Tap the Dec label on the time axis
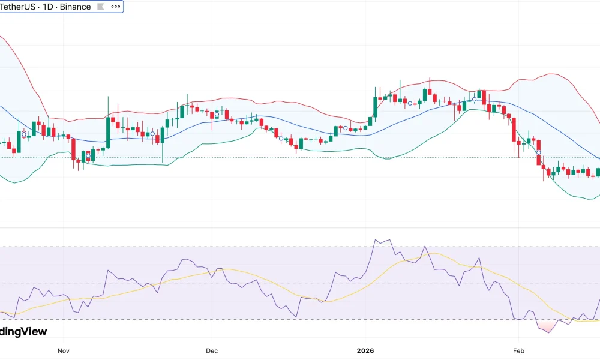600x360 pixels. (x=211, y=350)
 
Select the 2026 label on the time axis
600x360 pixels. (x=365, y=350)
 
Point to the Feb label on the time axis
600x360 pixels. (x=518, y=350)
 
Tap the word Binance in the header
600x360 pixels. (x=75, y=7)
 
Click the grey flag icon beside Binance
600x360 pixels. (x=100, y=7)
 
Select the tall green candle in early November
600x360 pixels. (x=108, y=132)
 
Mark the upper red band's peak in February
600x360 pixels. (x=551, y=74)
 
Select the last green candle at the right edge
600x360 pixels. (x=598, y=172)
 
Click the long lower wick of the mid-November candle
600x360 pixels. (x=163, y=153)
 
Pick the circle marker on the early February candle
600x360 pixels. (x=539, y=152)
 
